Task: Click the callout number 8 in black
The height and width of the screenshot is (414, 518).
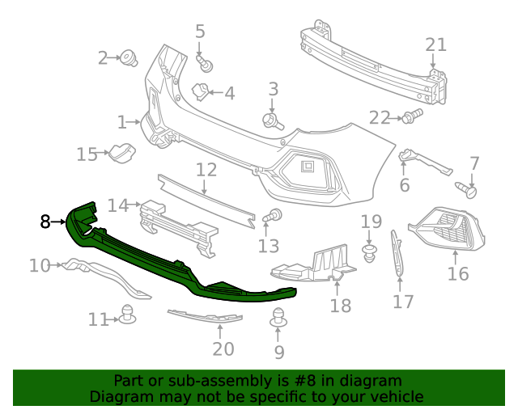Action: coord(45,220)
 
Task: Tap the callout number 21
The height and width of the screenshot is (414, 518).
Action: coord(435,44)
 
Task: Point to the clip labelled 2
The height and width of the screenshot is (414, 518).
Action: coord(128,57)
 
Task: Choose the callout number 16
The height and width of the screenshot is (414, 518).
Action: coord(457,273)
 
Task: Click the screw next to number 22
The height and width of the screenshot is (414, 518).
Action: coord(413,116)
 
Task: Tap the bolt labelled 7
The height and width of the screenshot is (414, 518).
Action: coord(468,191)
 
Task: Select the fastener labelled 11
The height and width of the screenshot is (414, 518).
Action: coord(127,315)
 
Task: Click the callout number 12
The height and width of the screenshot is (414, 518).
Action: coord(206,170)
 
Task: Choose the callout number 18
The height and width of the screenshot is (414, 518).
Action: coord(341,305)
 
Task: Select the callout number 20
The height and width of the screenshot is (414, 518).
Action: coord(223,349)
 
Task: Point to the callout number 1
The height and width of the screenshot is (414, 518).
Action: coord(122,123)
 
